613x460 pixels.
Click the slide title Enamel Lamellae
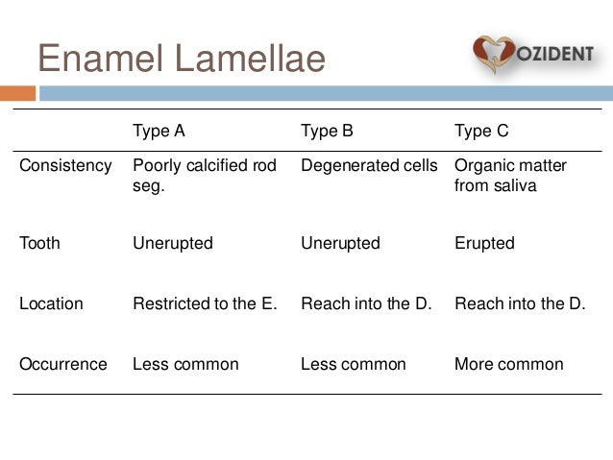(182, 59)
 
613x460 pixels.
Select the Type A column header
(159, 131)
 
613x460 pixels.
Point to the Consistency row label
(65, 165)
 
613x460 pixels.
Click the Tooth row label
(39, 243)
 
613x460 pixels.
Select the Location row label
(51, 303)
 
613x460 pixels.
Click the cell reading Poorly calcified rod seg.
(204, 175)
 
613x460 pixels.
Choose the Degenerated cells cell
(369, 165)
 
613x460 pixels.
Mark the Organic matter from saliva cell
(510, 175)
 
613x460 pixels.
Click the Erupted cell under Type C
(484, 243)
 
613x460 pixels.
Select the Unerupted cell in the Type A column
(172, 243)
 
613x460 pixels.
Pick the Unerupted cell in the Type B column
(340, 243)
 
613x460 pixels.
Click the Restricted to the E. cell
(205, 303)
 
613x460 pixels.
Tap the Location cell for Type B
(366, 303)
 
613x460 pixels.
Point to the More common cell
(508, 364)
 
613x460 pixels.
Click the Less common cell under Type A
(185, 364)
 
